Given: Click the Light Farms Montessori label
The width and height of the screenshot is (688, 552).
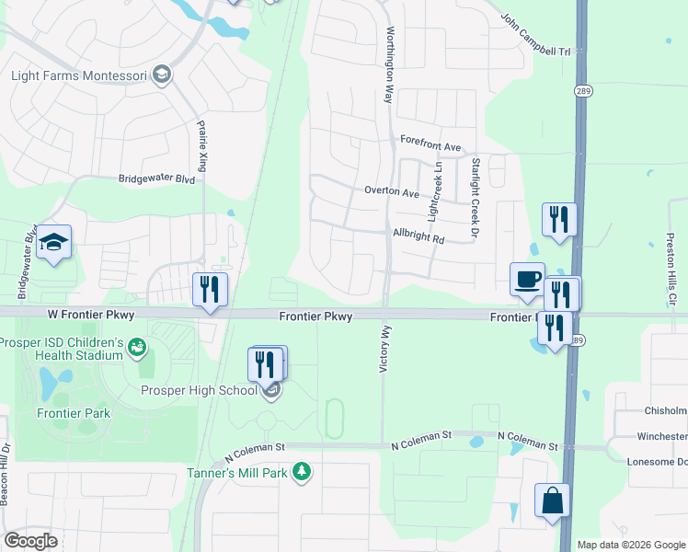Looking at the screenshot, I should coord(80,75).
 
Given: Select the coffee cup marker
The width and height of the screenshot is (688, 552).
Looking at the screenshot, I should coord(527,280).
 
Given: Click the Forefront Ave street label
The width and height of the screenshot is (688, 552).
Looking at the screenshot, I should coord(430,146).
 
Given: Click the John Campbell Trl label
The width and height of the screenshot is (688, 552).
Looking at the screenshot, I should coord(543,34).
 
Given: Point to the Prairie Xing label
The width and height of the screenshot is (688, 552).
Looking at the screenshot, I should coord(202,143).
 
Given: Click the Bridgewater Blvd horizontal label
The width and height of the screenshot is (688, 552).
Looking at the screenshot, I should coord(156,180).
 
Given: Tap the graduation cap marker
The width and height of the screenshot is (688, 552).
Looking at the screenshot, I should coord(54,243).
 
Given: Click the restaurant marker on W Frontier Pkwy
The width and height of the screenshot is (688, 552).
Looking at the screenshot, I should coord(209,290).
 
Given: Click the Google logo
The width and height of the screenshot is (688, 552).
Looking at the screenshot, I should coord(31,541).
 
